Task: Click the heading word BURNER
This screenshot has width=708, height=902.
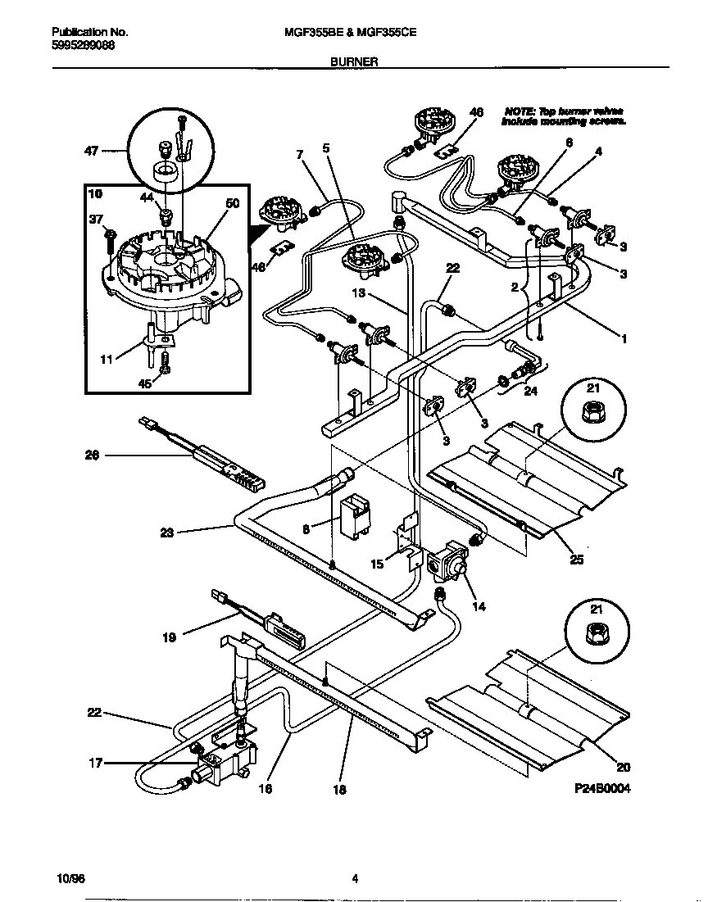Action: coord(354,61)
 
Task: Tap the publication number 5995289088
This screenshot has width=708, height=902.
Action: coord(77,45)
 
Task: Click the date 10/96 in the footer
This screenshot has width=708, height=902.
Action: coord(71,879)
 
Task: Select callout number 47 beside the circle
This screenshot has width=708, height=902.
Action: coord(91,151)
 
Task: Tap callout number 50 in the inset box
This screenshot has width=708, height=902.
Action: coord(232,203)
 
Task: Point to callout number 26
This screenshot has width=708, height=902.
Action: coord(92,455)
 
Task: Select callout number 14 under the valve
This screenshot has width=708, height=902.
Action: coord(479,606)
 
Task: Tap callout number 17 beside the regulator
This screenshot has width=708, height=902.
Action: coord(96,763)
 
